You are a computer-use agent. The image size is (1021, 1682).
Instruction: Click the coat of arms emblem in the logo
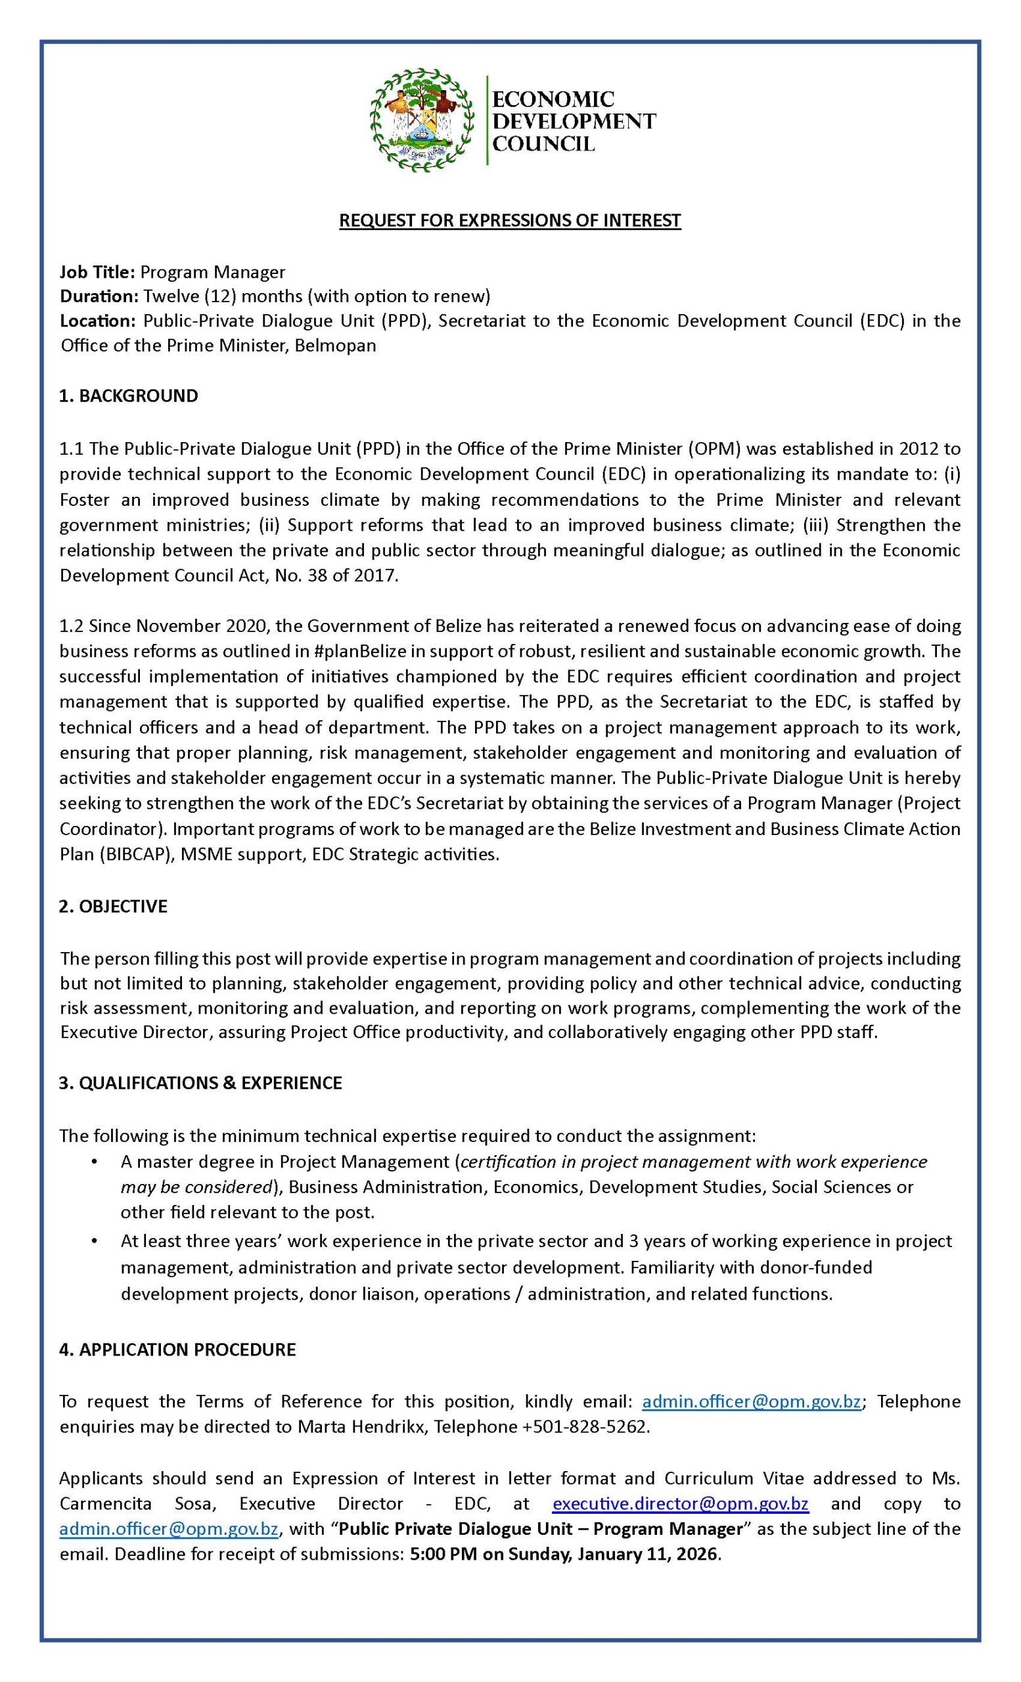[421, 120]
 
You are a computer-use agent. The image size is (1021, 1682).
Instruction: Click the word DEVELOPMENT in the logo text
[574, 121]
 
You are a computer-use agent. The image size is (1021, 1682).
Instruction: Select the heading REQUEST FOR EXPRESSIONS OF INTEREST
[510, 221]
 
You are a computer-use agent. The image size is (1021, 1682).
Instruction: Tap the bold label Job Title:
[97, 273]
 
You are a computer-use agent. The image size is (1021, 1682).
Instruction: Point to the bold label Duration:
[99, 296]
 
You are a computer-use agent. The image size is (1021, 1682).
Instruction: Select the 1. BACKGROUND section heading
[128, 396]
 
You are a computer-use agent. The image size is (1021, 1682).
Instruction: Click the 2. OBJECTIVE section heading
[112, 906]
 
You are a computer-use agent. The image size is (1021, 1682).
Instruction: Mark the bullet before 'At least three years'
[93, 1241]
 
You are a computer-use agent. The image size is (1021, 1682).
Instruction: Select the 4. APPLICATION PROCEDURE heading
[177, 1350]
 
